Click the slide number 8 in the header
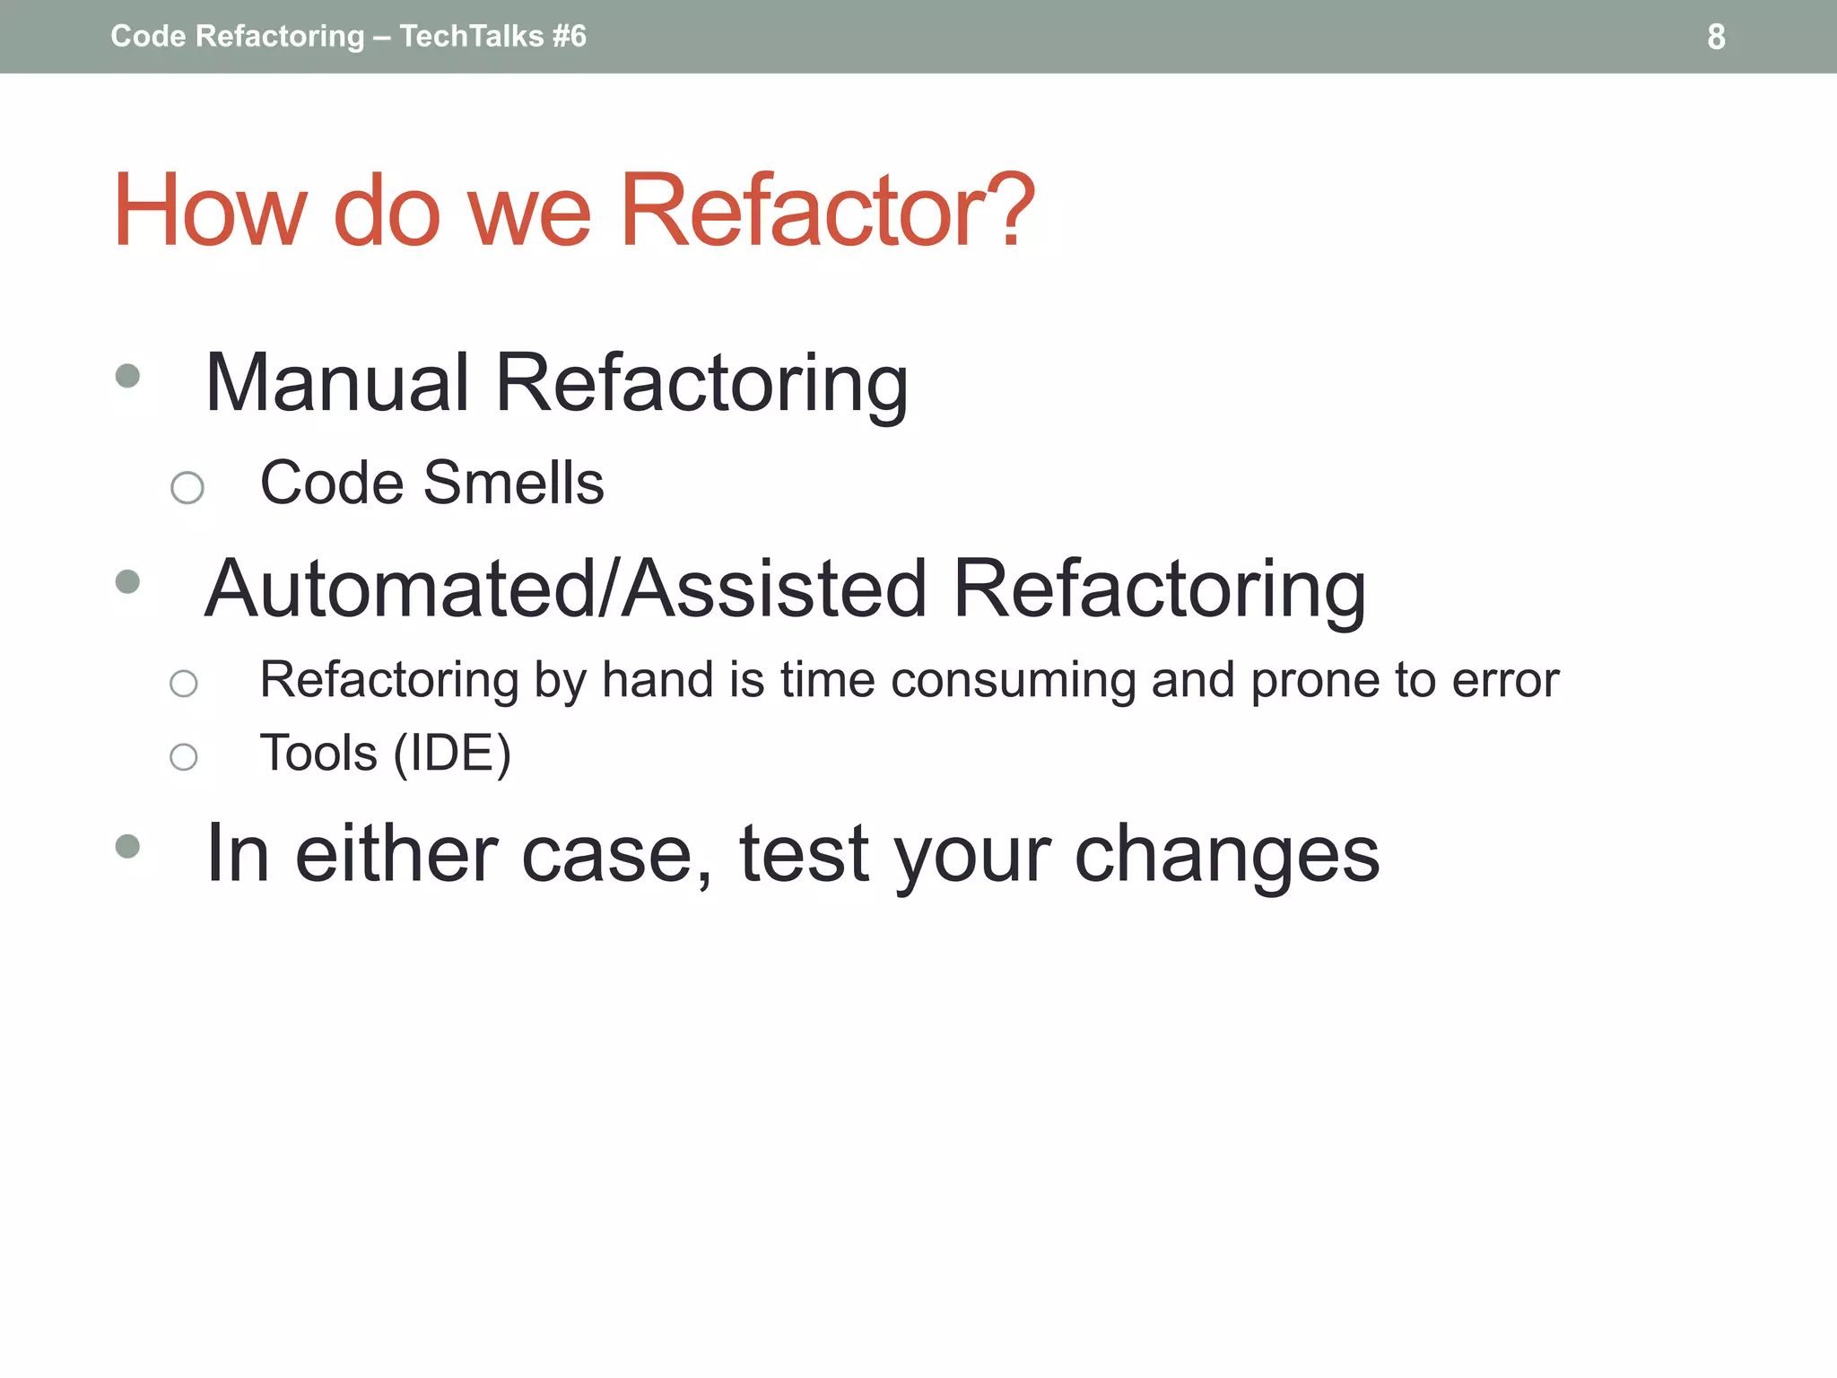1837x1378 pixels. click(1715, 37)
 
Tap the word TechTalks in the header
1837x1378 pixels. click(472, 36)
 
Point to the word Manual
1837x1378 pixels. click(337, 383)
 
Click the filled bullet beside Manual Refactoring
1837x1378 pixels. click(128, 375)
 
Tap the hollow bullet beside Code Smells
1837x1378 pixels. click(187, 488)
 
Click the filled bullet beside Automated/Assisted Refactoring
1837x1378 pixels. click(128, 582)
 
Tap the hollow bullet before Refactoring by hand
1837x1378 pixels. click(184, 684)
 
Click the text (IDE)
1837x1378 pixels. click(452, 753)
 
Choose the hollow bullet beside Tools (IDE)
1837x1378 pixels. click(184, 757)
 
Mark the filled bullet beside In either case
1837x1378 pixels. click(128, 846)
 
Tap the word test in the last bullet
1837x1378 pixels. click(804, 854)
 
